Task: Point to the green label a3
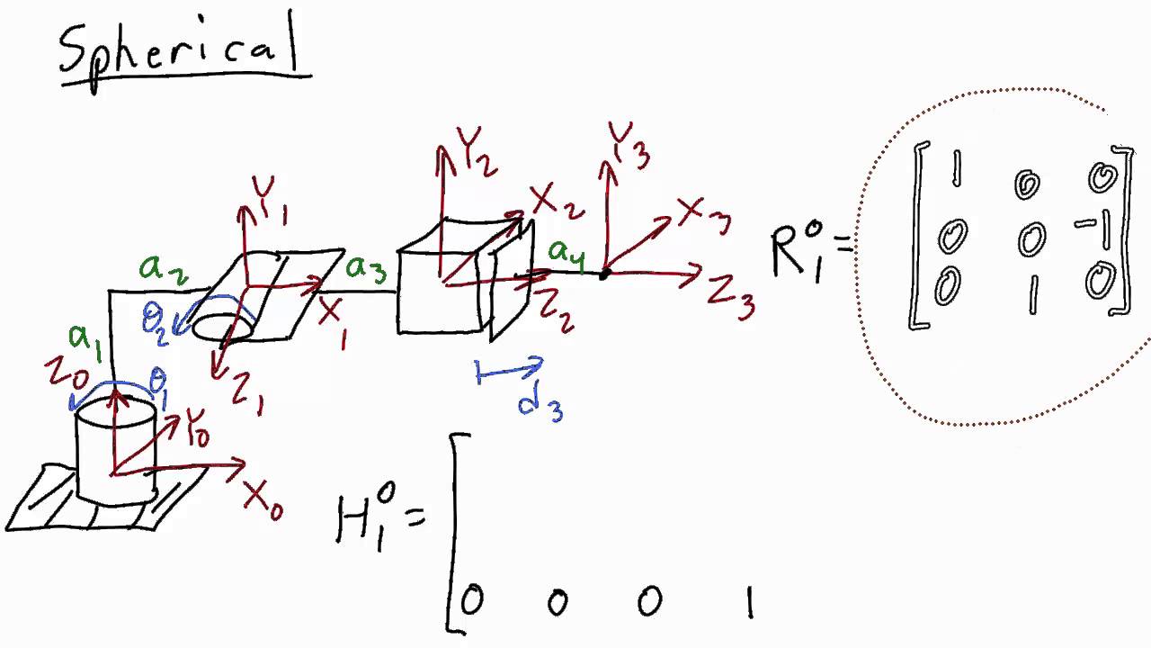click(368, 268)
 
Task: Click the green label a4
click(567, 254)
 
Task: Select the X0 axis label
click(263, 498)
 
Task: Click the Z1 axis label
click(243, 393)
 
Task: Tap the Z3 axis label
click(730, 296)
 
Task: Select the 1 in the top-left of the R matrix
click(955, 169)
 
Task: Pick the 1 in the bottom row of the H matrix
click(748, 603)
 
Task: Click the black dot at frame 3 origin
click(604, 273)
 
